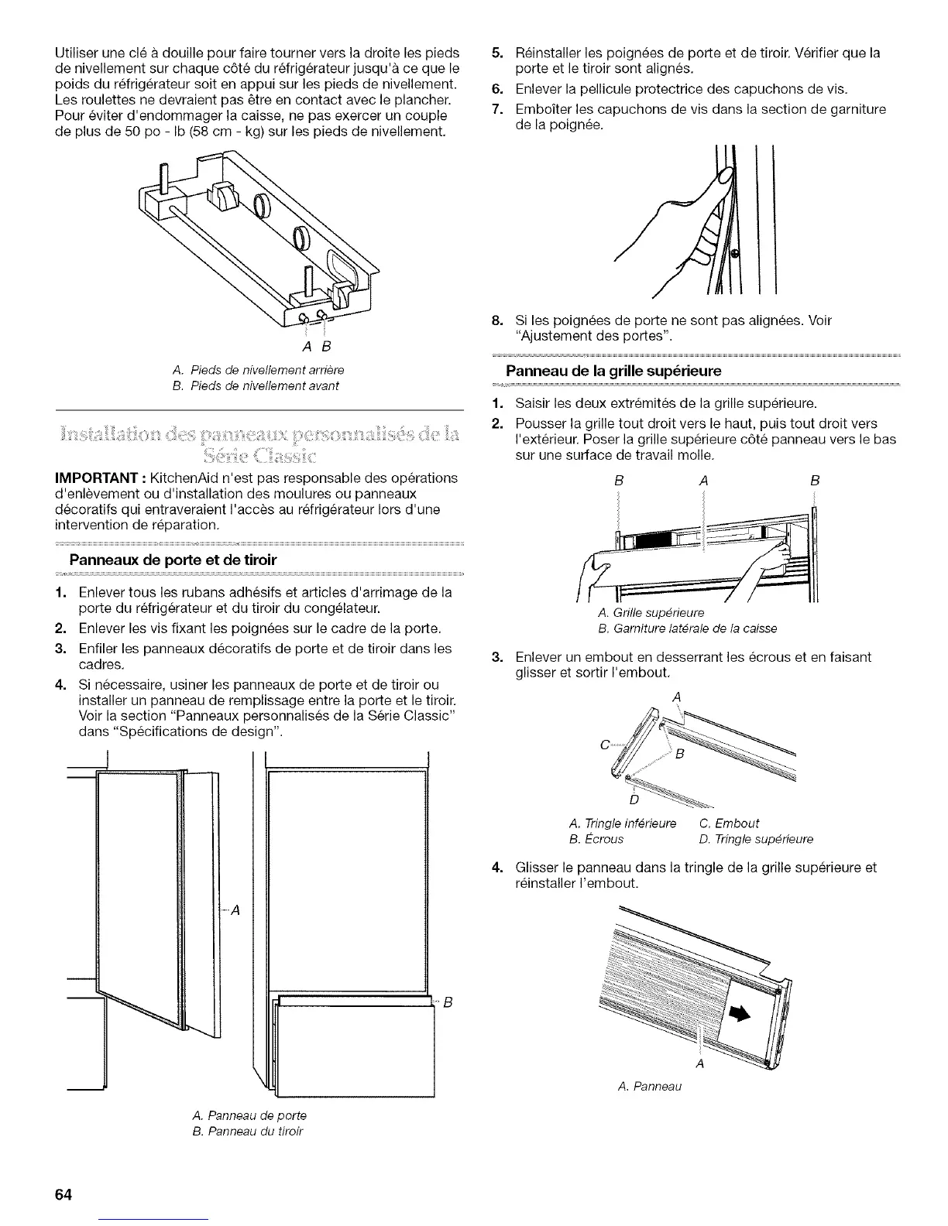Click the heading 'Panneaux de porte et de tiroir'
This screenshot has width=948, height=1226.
(x=173, y=560)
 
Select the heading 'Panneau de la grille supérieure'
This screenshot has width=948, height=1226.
(x=613, y=371)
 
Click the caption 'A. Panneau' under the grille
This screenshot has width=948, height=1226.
(x=649, y=1087)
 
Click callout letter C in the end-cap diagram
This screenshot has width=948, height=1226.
(x=603, y=745)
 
